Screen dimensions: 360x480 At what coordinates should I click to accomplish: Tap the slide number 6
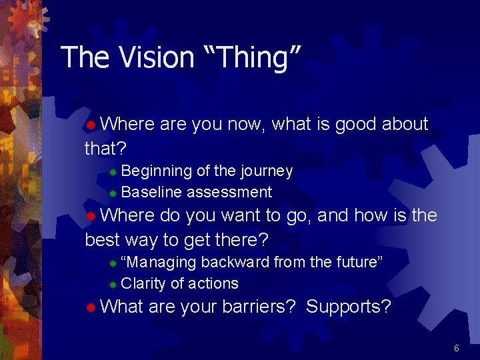click(x=457, y=348)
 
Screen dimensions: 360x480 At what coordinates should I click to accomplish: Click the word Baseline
click(x=152, y=193)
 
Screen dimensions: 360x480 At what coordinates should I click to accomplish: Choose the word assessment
click(x=229, y=193)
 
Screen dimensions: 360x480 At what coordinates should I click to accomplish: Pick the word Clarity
click(x=144, y=283)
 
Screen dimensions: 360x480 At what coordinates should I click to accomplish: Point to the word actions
click(x=213, y=283)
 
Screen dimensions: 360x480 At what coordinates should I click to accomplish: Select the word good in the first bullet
click(x=357, y=124)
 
